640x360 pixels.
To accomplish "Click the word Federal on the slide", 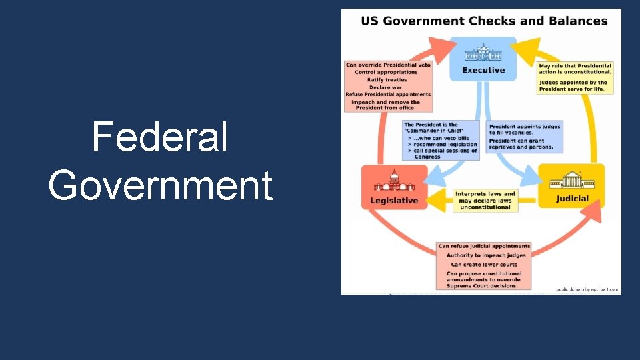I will pyautogui.click(x=160, y=137).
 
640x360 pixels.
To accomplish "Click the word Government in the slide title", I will pyautogui.click(x=160, y=185).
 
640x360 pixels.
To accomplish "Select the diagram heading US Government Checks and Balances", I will pyautogui.click(x=484, y=21).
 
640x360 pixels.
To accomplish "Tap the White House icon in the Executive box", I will pyautogui.click(x=484, y=53).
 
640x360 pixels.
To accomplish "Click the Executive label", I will pyautogui.click(x=484, y=70).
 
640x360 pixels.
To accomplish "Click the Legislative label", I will pyautogui.click(x=394, y=200).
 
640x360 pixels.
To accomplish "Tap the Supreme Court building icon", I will pyautogui.click(x=572, y=180).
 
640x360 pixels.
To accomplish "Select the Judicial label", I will pyautogui.click(x=572, y=198).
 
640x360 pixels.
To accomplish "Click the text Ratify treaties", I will pyautogui.click(x=387, y=80).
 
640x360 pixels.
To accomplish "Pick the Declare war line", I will pyautogui.click(x=387, y=87).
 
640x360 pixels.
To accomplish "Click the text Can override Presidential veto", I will pyautogui.click(x=388, y=65).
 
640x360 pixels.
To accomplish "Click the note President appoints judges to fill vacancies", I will pyautogui.click(x=525, y=129).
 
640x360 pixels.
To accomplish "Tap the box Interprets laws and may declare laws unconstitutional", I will pyautogui.click(x=485, y=200).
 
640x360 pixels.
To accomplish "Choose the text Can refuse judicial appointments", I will pyautogui.click(x=485, y=246).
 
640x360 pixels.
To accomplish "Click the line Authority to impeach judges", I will pyautogui.click(x=486, y=255).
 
